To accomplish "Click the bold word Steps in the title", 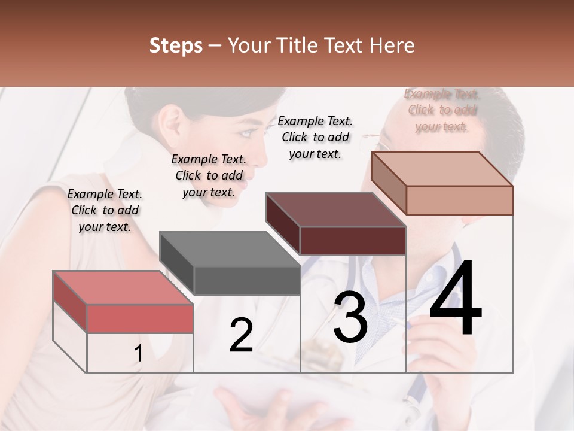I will pyautogui.click(x=176, y=45).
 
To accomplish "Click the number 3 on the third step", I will pyautogui.click(x=350, y=317).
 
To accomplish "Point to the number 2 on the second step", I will pyautogui.click(x=241, y=335).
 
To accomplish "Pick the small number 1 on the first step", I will pyautogui.click(x=138, y=354).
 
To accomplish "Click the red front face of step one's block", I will pyautogui.click(x=140, y=318).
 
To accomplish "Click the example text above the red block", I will pyautogui.click(x=105, y=210).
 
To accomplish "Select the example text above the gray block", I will pyautogui.click(x=209, y=175).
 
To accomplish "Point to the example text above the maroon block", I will pyautogui.click(x=315, y=137).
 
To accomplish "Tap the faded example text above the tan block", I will pyautogui.click(x=441, y=110).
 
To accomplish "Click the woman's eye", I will pyautogui.click(x=246, y=133).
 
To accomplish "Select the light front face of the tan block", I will pyautogui.click(x=459, y=200).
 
